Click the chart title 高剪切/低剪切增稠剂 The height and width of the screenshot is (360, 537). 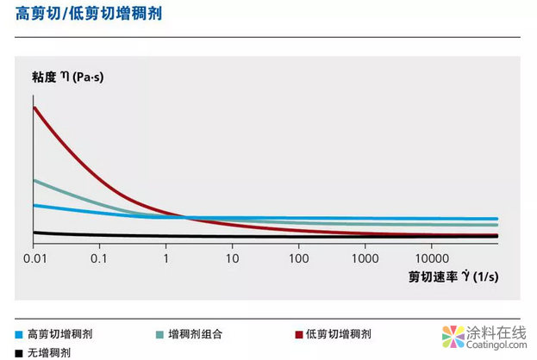pyautogui.click(x=90, y=16)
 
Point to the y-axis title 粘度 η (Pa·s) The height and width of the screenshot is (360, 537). pyautogui.click(x=72, y=78)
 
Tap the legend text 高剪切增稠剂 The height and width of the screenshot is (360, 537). pyautogui.click(x=59, y=333)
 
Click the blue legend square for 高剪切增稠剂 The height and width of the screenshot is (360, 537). pyautogui.click(x=19, y=334)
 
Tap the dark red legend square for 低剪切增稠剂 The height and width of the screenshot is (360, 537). pyautogui.click(x=298, y=334)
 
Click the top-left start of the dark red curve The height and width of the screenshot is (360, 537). pyautogui.click(x=34, y=108)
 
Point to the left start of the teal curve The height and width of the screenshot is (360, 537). pyautogui.click(x=34, y=180)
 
